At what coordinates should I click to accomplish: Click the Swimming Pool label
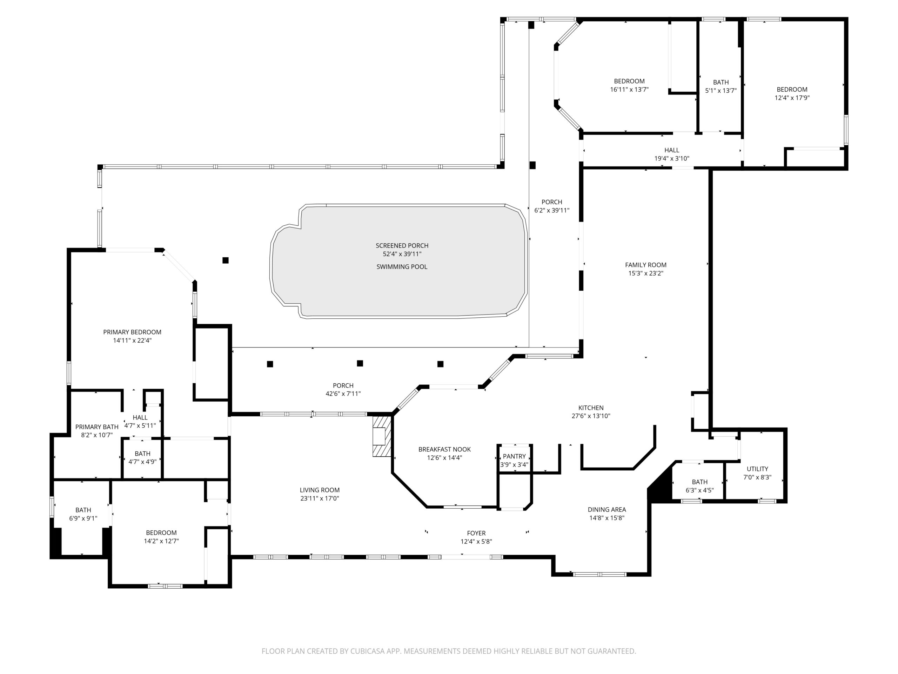(x=402, y=267)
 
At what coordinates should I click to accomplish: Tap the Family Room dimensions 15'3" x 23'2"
(x=645, y=273)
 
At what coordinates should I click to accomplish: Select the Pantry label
(x=514, y=456)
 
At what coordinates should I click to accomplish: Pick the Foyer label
(x=476, y=533)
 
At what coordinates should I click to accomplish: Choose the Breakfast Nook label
(x=444, y=449)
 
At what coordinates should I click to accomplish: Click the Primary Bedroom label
(x=132, y=332)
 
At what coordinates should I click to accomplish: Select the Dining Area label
(x=607, y=509)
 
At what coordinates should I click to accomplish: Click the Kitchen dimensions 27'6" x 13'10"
(x=591, y=416)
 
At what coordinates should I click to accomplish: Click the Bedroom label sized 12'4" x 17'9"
(x=792, y=90)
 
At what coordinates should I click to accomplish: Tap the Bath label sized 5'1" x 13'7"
(x=721, y=82)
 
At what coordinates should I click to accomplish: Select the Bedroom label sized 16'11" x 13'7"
(x=629, y=81)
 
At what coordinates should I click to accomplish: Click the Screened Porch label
(x=402, y=246)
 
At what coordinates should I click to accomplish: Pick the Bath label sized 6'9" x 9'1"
(x=83, y=510)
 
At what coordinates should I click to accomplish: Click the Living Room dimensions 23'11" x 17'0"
(x=320, y=498)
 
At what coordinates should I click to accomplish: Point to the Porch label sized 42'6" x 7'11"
(x=343, y=385)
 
